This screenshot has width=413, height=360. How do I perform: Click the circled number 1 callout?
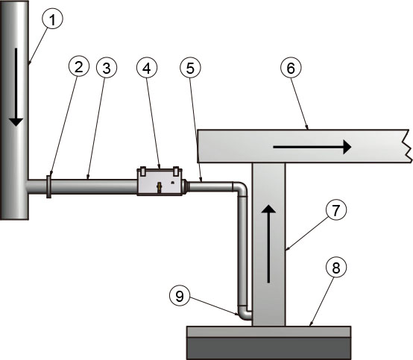click(x=53, y=19)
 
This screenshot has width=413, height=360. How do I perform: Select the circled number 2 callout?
click(x=78, y=66)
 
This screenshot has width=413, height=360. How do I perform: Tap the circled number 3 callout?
click(x=107, y=68)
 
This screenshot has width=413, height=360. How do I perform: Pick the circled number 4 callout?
click(x=147, y=68)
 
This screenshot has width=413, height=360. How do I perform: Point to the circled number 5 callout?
click(x=190, y=68)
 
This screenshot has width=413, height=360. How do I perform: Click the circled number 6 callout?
click(x=291, y=68)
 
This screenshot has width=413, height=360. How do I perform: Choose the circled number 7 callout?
click(x=335, y=210)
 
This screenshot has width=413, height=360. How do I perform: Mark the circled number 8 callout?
click(x=335, y=268)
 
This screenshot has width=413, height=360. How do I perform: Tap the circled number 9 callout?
click(x=180, y=296)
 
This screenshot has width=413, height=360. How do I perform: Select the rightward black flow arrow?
click(x=312, y=147)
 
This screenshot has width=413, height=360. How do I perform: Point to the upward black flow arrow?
click(x=268, y=244)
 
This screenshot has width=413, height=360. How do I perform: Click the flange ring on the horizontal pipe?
click(x=48, y=186)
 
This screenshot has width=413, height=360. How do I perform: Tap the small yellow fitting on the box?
click(x=159, y=188)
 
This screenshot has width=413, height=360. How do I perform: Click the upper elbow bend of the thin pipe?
click(x=240, y=189)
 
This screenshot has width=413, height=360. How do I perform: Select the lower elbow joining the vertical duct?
click(x=244, y=313)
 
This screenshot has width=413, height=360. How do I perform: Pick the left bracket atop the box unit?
click(x=142, y=171)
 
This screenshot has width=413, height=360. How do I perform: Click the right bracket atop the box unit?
click(x=176, y=171)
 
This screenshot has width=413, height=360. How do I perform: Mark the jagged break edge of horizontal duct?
click(x=408, y=146)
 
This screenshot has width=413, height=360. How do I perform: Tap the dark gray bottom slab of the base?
click(x=268, y=349)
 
